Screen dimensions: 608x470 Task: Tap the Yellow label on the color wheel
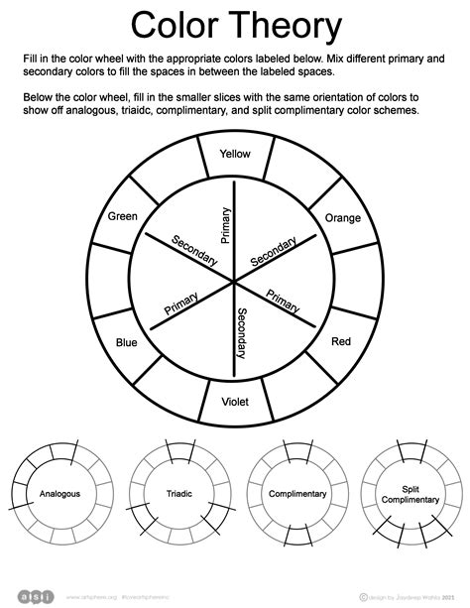[235, 154]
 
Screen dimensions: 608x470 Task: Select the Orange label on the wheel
[343, 218]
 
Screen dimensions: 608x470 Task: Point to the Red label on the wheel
[341, 341]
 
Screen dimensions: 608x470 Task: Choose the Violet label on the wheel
[235, 403]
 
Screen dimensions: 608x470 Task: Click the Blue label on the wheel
[127, 342]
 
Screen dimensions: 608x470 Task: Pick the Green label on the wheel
[123, 216]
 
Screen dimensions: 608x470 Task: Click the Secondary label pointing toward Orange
[274, 252]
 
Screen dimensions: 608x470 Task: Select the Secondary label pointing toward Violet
[242, 332]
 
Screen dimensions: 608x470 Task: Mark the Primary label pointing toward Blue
[175, 308]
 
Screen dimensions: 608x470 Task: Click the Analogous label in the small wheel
[59, 493]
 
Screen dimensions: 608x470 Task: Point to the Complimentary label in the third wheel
[297, 493]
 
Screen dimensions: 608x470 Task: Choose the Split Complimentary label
[412, 493]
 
